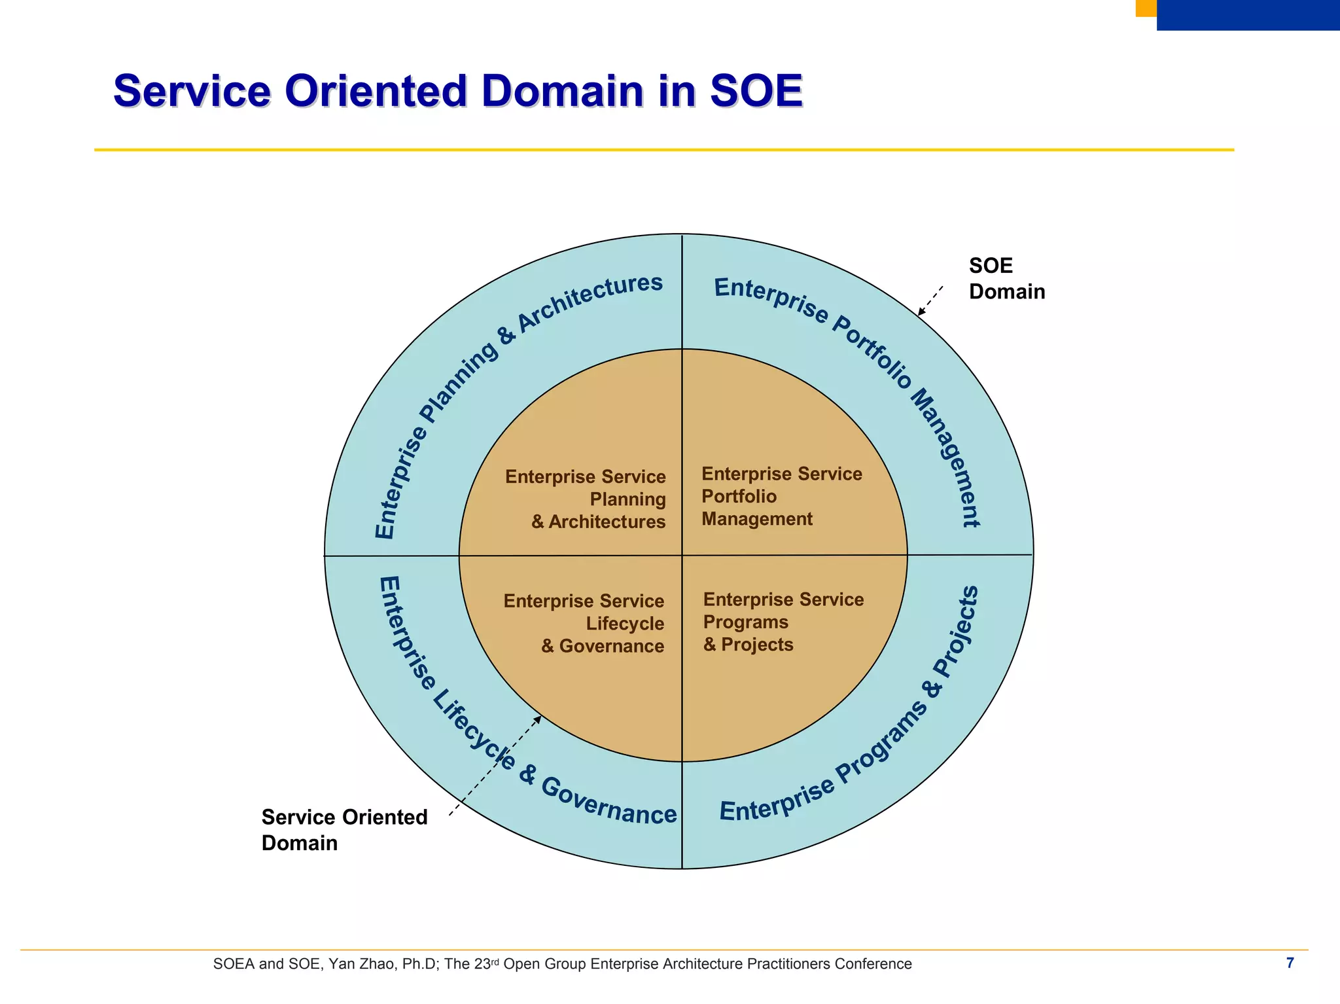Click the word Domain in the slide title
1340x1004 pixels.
563,92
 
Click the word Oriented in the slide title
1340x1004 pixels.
376,92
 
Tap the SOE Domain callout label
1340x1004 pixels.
1006,279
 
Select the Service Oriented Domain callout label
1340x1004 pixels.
344,830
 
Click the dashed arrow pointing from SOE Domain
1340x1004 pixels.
930,300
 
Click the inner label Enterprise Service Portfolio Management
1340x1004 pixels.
781,496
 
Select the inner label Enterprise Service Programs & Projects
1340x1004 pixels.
783,622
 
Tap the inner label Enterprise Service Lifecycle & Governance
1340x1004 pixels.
584,623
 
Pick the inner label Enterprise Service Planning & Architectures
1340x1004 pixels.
586,499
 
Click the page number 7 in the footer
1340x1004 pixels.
1290,963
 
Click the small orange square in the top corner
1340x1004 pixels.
1146,8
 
